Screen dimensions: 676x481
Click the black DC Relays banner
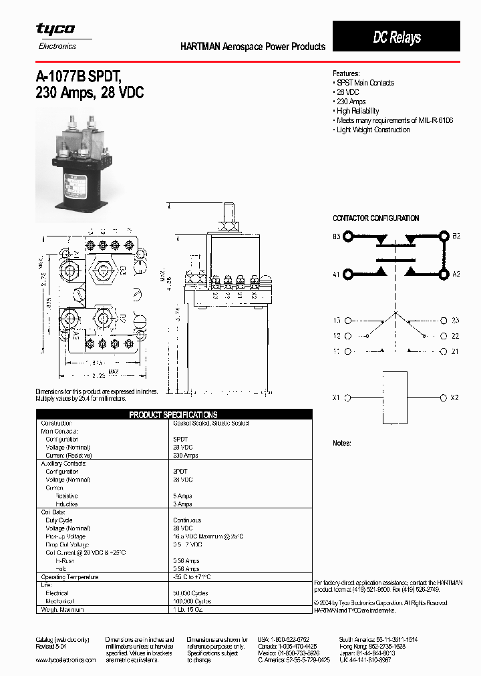(396, 37)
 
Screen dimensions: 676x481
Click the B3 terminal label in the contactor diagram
(337, 236)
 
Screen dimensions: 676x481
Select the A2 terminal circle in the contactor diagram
(444, 274)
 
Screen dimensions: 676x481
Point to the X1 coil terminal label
(337, 398)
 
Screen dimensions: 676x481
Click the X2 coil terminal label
(455, 398)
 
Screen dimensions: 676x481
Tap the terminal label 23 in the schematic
(455, 321)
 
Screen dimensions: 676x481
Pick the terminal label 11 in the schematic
(337, 351)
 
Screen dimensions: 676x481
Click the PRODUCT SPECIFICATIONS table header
(173, 415)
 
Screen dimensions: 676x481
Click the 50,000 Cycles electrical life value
(191, 593)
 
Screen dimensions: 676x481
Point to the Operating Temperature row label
(69, 576)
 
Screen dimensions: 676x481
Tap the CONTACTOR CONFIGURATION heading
(376, 218)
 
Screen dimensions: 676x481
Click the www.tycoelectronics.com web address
(65, 660)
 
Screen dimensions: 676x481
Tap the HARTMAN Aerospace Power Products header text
(253, 47)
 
